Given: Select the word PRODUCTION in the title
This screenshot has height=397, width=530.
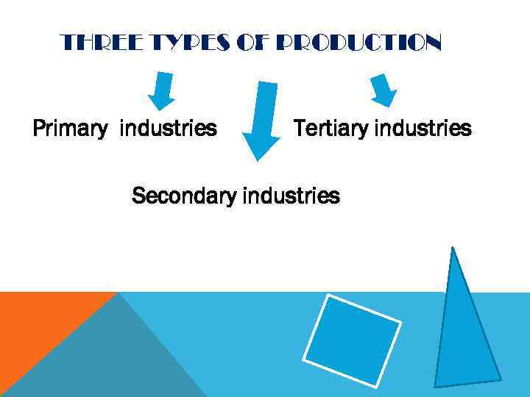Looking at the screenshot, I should click(x=358, y=44).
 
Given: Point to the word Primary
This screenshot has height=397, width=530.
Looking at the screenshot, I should click(x=70, y=130).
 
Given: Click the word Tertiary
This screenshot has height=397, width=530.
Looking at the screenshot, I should click(x=331, y=129).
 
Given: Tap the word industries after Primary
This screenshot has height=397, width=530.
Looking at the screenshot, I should click(x=168, y=129).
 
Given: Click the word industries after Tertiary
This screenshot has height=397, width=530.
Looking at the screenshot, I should click(x=423, y=129).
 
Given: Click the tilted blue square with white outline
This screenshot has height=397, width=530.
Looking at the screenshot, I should click(x=353, y=339).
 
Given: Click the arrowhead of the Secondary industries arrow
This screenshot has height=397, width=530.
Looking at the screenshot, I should click(x=261, y=147).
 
